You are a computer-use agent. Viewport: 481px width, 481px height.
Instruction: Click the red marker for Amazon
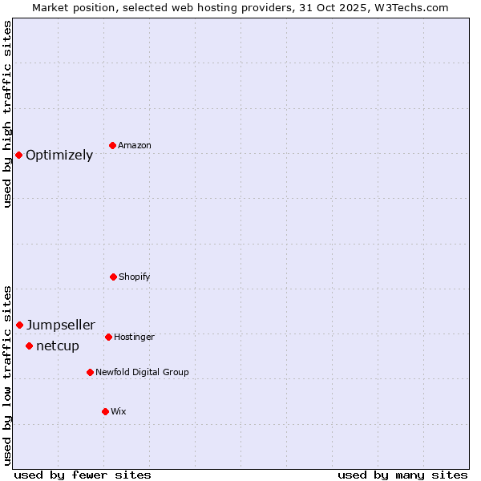(112, 145)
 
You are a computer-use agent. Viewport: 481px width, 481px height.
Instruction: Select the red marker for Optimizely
(18, 155)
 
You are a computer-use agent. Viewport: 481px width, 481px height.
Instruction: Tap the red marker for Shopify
(113, 277)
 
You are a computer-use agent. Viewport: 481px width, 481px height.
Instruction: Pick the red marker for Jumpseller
(19, 325)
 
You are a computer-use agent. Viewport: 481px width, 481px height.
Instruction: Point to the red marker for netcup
(29, 346)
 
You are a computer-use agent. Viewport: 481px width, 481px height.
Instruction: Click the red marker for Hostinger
(108, 337)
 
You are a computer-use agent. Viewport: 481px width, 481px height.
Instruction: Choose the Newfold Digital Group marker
(90, 372)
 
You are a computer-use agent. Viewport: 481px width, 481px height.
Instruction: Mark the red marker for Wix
(105, 411)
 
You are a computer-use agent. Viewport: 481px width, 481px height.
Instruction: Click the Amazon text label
(135, 146)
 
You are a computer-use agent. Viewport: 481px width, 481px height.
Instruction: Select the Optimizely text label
(59, 156)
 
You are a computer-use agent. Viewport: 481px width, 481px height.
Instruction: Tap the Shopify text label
(135, 277)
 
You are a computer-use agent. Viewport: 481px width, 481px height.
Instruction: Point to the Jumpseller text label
(61, 325)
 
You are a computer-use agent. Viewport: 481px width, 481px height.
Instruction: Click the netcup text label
(58, 346)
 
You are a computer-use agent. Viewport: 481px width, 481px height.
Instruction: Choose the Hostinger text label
(134, 338)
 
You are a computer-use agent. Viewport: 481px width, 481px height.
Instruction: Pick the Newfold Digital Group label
(143, 373)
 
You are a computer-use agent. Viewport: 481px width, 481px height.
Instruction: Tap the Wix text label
(119, 412)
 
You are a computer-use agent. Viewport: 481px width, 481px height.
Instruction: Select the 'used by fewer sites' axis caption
(83, 475)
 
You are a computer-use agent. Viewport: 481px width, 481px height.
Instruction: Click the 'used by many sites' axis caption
(402, 475)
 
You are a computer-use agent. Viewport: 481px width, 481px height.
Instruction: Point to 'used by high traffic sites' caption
(7, 114)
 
